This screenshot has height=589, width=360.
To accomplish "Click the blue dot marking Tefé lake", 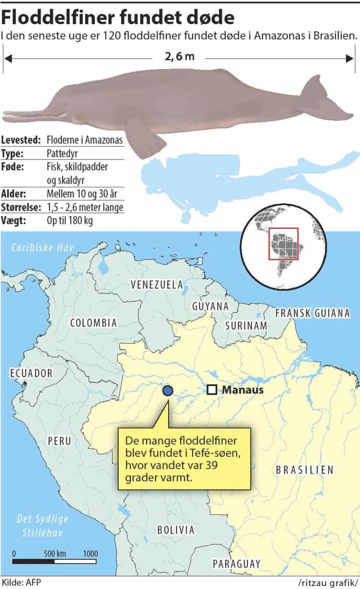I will pos(168,391).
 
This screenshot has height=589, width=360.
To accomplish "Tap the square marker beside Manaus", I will pos(211,390).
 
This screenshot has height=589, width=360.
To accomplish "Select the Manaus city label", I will pos(243,390).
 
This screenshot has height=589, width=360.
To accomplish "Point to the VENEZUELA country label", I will pos(157,285).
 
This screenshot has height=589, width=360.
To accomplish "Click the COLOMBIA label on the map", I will pos(94,323).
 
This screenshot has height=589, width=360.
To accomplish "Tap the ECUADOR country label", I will pos(32,373).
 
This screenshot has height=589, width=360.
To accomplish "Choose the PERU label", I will pos(59,441).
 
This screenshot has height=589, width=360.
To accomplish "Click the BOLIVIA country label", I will pos(176,530).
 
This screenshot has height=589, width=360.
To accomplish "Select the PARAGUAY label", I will pos(236,564).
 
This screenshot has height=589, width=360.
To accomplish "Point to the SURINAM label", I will pos(246,326).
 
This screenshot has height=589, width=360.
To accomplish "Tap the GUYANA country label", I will pos(210,306).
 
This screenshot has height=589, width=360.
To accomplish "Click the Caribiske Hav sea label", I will pos(43,247).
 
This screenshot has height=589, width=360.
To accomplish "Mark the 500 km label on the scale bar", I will pos(55,554).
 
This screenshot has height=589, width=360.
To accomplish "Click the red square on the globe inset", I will pos(283,244).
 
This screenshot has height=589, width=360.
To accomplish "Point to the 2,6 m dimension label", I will pos(180,56).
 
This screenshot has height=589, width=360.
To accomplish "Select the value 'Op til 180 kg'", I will pos(70,221).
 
